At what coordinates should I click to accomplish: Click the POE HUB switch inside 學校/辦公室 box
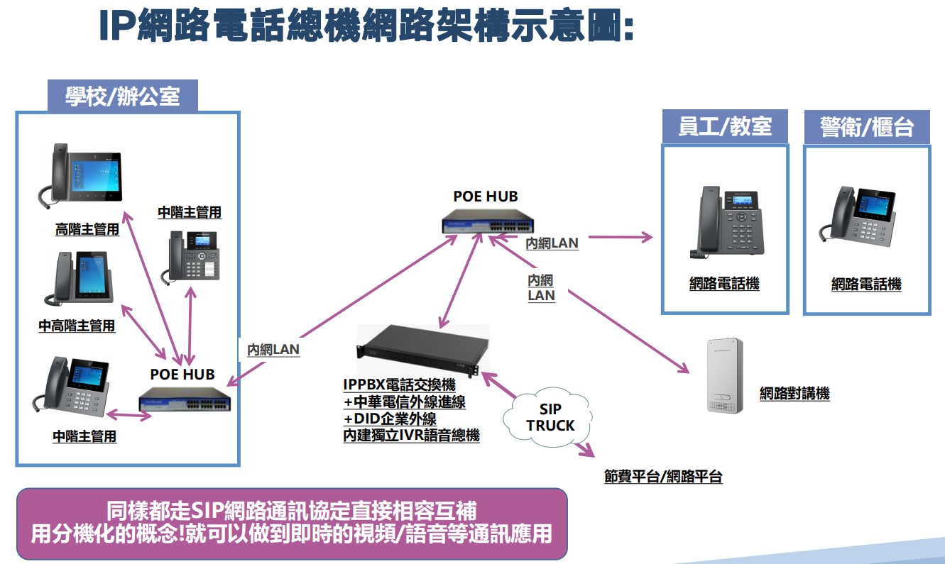[x=184, y=402]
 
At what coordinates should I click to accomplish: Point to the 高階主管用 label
[x=87, y=230]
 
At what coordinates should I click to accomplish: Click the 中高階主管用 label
[x=77, y=326]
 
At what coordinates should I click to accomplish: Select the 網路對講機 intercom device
[x=723, y=376]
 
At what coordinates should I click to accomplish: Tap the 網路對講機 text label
[x=794, y=393]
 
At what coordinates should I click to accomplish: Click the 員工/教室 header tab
[x=725, y=127]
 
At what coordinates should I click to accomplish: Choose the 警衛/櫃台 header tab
[x=866, y=128]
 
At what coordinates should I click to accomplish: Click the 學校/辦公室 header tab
[x=122, y=96]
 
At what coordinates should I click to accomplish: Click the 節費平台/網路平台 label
[x=663, y=477]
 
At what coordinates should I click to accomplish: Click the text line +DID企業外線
[x=390, y=419]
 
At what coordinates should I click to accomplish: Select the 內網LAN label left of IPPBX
[x=273, y=349]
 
